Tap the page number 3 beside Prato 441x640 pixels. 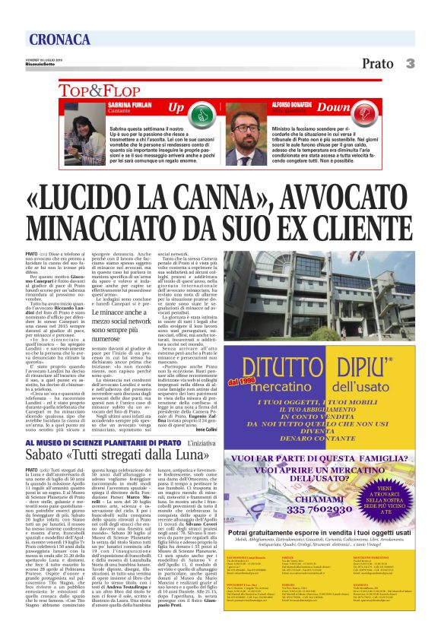pyautogui.click(x=409, y=63)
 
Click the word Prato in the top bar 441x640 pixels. pyautogui.click(x=377, y=63)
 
